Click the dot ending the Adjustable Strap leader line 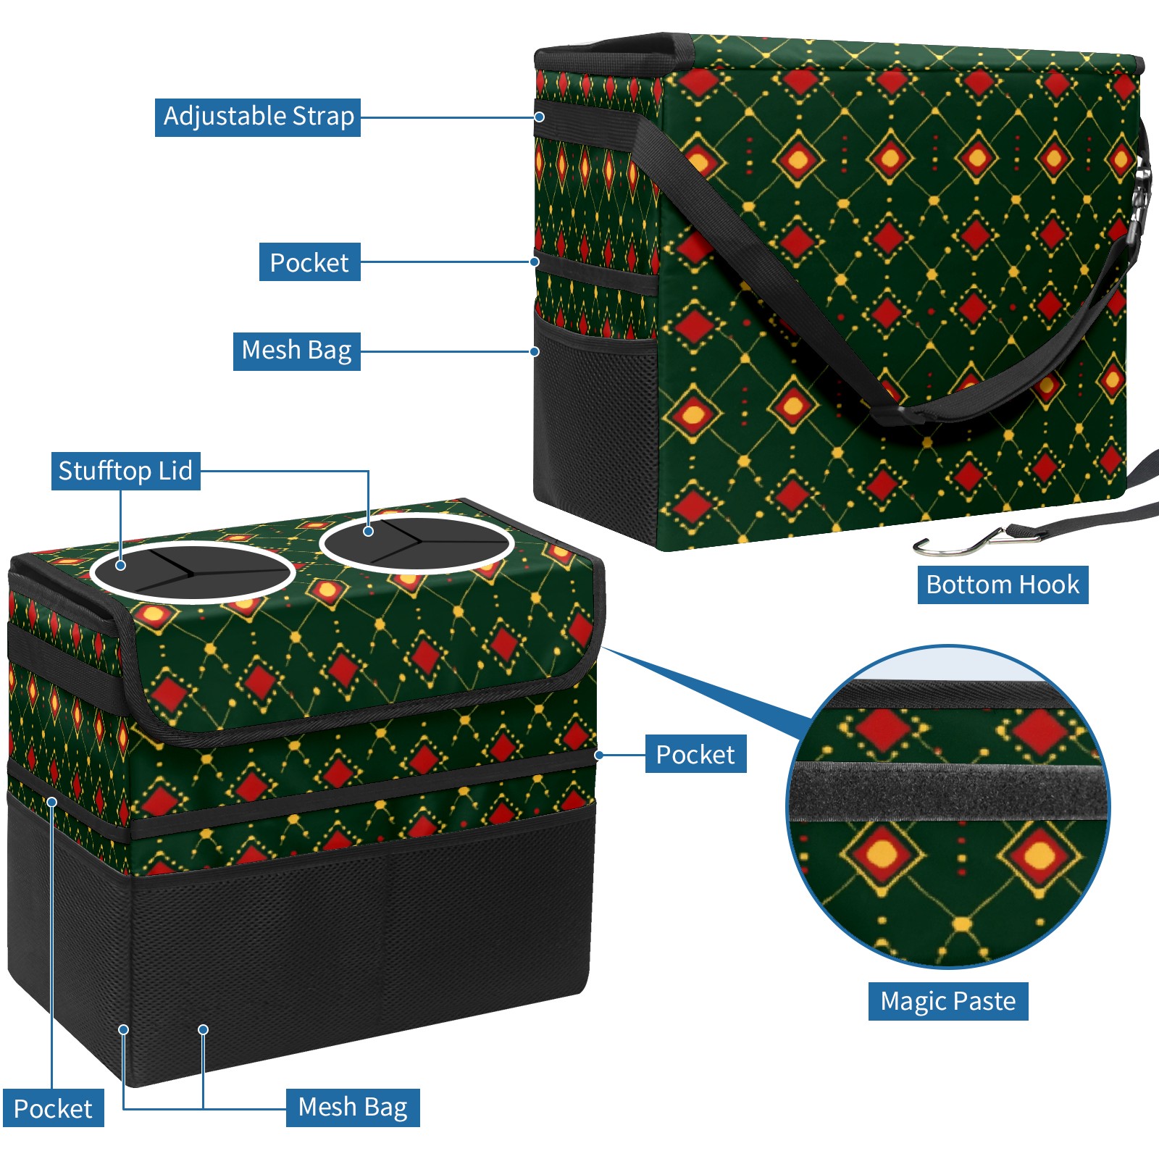(540, 117)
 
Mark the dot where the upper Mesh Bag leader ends (535, 351)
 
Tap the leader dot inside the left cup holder (121, 565)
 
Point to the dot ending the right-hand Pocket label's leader (599, 755)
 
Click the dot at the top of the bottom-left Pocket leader (52, 802)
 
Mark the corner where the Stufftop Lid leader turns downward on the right (368, 472)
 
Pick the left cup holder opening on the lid (193, 572)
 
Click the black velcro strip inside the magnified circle (949, 791)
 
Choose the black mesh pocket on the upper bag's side (595, 420)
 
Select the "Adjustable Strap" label (258, 117)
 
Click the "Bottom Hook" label (1003, 585)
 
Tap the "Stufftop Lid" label (126, 471)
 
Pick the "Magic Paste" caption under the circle (948, 1001)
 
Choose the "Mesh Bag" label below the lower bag (353, 1108)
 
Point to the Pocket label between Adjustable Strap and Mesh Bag (310, 262)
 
